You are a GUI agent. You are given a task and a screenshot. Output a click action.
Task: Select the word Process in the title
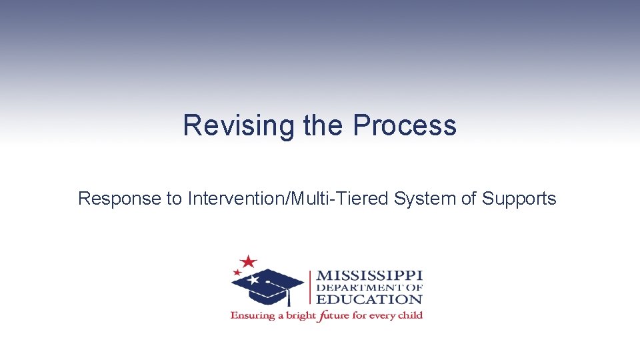(405, 125)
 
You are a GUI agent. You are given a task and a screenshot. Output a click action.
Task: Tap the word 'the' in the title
(324, 125)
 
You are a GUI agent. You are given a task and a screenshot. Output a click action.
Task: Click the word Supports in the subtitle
(519, 199)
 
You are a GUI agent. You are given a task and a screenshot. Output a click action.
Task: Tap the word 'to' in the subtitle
(174, 199)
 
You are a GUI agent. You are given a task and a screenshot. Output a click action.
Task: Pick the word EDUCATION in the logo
(369, 299)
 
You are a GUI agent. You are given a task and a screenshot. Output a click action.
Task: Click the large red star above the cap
(249, 261)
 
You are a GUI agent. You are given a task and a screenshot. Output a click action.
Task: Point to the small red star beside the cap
(237, 272)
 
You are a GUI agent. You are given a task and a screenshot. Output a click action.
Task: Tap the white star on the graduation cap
(253, 280)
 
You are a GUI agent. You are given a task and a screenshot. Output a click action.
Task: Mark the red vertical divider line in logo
(310, 287)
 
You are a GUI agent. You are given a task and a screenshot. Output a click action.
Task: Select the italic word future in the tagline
(333, 315)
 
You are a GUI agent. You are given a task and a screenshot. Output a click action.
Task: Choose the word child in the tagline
(409, 315)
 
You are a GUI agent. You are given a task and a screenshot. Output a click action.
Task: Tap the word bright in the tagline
(298, 315)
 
